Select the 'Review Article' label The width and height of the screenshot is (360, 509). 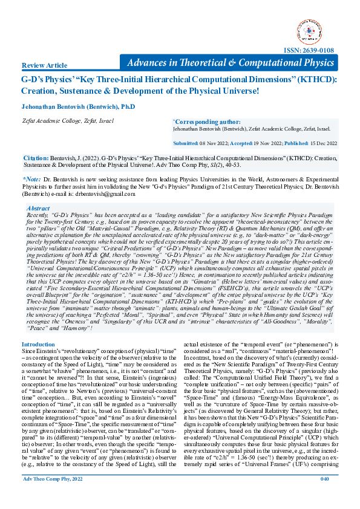tap(44, 65)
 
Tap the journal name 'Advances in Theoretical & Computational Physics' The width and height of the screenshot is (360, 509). tap(231, 63)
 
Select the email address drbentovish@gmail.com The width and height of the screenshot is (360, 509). tap(108, 195)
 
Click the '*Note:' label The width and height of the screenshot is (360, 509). tap(31, 180)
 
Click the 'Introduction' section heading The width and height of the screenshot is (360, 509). tap(38, 345)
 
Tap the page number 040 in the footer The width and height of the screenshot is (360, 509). tap(324, 496)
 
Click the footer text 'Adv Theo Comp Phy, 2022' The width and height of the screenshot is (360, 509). tap(53, 496)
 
